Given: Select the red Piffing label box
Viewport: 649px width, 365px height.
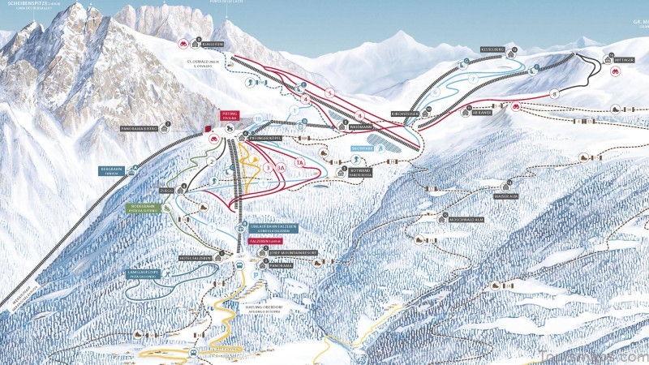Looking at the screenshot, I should point(231,115).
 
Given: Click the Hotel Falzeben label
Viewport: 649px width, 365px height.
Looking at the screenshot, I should point(195,258).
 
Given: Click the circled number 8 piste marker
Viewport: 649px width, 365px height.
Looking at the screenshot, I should point(554,93).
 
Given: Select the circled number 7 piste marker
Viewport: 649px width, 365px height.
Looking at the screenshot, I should point(473,79).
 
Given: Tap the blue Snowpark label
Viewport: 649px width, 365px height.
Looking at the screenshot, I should point(362,148).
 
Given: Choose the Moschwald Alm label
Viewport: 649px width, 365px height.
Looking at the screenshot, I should point(465,218).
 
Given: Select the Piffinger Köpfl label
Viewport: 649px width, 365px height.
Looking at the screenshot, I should point(270,139).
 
